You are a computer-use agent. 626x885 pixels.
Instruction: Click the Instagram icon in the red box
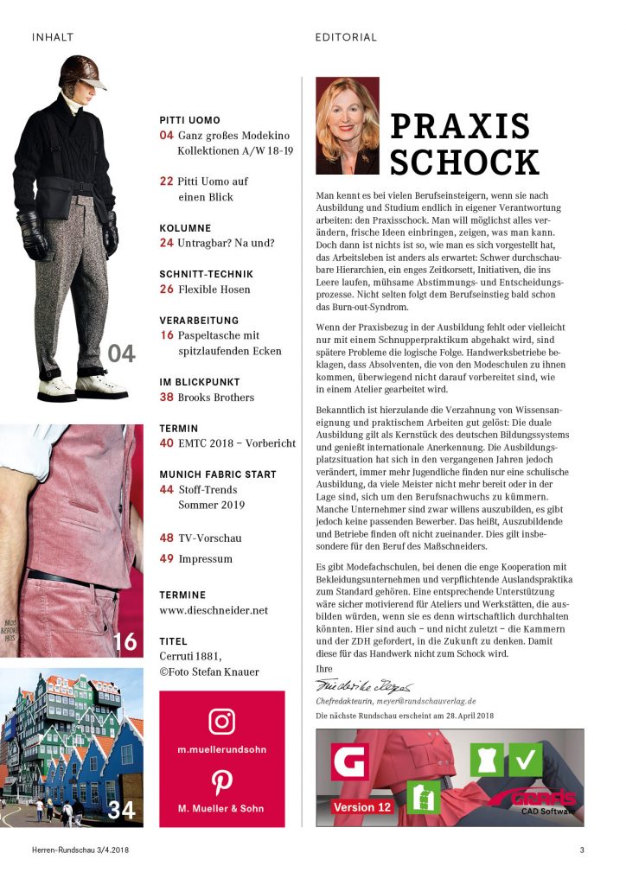[x=221, y=721]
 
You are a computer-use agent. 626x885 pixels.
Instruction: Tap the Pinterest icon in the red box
[x=221, y=782]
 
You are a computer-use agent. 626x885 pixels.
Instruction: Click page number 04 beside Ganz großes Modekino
[x=167, y=136]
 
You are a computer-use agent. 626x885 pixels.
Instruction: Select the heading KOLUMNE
[x=185, y=228]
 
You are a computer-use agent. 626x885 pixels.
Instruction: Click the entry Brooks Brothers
[x=216, y=397]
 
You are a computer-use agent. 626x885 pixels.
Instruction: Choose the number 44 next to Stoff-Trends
[x=167, y=488]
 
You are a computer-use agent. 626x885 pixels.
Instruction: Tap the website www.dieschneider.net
[x=214, y=609]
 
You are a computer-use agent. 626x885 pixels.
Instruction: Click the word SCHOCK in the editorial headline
[x=464, y=162]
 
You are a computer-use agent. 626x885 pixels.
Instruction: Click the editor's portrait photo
[x=347, y=126]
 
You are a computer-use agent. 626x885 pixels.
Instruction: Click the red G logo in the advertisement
[x=349, y=761]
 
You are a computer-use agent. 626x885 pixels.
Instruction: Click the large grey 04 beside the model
[x=122, y=353]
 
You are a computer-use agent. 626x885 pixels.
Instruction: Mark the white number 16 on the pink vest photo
[x=125, y=641]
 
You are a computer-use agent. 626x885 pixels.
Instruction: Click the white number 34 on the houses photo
[x=122, y=811]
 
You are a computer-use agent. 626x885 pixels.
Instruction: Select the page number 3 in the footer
[x=581, y=850]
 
